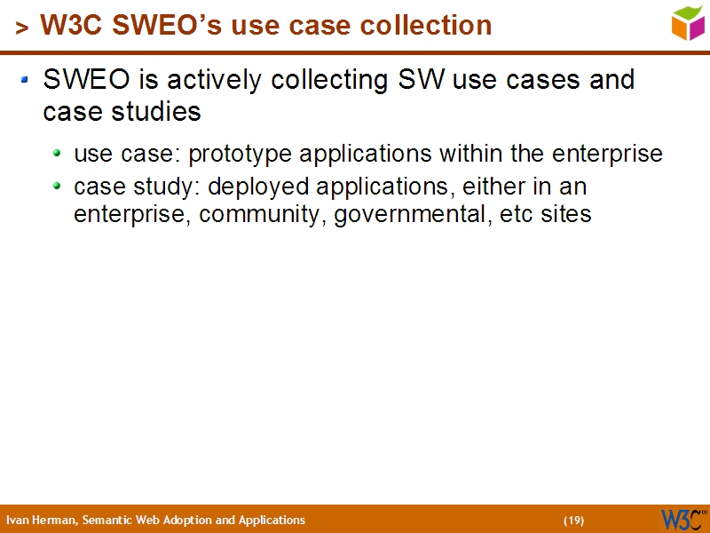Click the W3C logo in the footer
click(682, 519)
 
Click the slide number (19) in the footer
click(573, 521)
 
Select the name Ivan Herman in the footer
click(41, 521)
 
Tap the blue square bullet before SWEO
click(26, 80)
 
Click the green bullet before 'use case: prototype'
click(58, 153)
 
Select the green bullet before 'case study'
click(58, 187)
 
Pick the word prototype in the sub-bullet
click(241, 155)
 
